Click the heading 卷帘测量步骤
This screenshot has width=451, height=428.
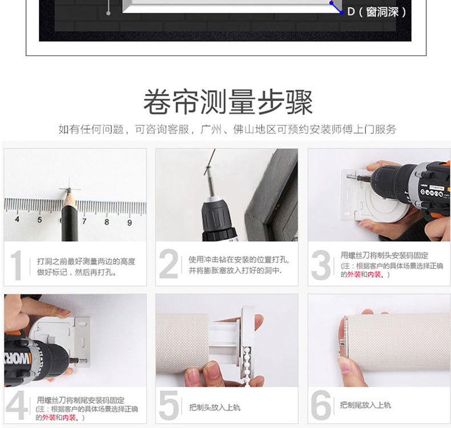pos(227,102)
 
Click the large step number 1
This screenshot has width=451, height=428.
pos(17,265)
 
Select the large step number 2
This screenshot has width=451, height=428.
pos(168,265)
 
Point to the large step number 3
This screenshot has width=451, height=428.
pos(321,265)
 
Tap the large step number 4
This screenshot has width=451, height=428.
pos(17,406)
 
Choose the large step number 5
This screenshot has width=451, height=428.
pos(168,406)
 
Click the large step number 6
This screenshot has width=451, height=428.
pos(321,406)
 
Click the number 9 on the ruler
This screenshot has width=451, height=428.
pos(130,221)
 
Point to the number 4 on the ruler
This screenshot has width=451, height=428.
pos(17,219)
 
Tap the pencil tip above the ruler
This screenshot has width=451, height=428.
pos(67,191)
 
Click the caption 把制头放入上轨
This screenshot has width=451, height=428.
pos(215,407)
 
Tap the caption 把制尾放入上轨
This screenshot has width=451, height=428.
pos(365,405)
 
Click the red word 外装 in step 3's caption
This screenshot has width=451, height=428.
pos(354,274)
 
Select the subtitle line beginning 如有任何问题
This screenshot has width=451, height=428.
pos(227,129)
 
